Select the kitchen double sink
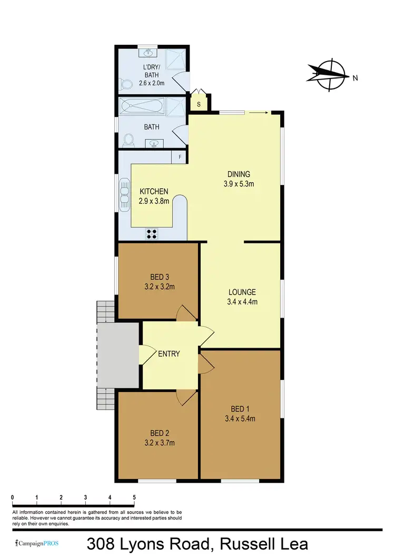pyautogui.click(x=124, y=193)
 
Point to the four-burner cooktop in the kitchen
pyautogui.click(x=152, y=233)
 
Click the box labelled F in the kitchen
pyautogui.click(x=180, y=157)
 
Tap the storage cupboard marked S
pyautogui.click(x=199, y=104)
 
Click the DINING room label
pyautogui.click(x=238, y=174)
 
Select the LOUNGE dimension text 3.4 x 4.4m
pyautogui.click(x=242, y=302)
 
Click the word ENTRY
pyautogui.click(x=169, y=354)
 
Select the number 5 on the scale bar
pyautogui.click(x=134, y=497)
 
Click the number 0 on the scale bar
pyautogui.click(x=12, y=497)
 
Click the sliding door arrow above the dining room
pyautogui.click(x=259, y=112)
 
